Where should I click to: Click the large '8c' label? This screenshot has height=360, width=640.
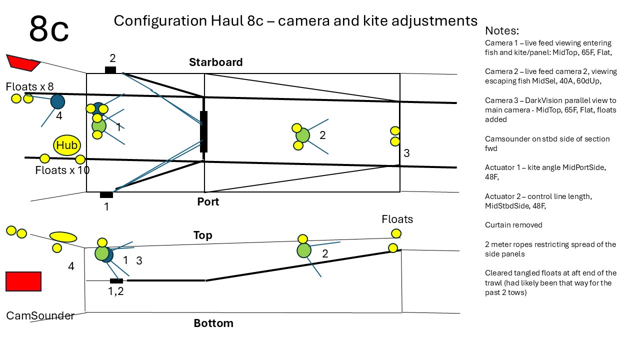[x=48, y=29]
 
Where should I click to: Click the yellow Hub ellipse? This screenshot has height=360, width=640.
[x=67, y=145]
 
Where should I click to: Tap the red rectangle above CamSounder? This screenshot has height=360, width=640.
[x=23, y=281]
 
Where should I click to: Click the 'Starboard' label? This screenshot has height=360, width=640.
[x=215, y=62]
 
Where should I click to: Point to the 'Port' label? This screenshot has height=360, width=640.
[x=208, y=201]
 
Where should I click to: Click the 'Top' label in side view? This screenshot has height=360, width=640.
[x=202, y=235]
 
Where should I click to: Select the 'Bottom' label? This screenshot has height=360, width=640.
[x=213, y=323]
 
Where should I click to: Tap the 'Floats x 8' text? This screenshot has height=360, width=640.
[x=29, y=86]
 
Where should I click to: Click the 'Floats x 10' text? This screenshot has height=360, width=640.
[x=62, y=170]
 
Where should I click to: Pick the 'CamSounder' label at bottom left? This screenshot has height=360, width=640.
[x=40, y=315]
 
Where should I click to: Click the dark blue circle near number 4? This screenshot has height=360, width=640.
[x=58, y=101]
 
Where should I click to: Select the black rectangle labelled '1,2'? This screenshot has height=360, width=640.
[x=116, y=281]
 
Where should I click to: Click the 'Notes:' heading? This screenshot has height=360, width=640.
[x=502, y=30]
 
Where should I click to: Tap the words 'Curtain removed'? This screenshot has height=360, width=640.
[x=513, y=225]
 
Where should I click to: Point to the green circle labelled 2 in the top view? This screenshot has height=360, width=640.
[x=302, y=135]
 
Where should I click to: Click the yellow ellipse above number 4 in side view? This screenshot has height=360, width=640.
[x=63, y=236]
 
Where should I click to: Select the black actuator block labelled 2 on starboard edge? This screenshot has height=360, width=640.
[x=110, y=70]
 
